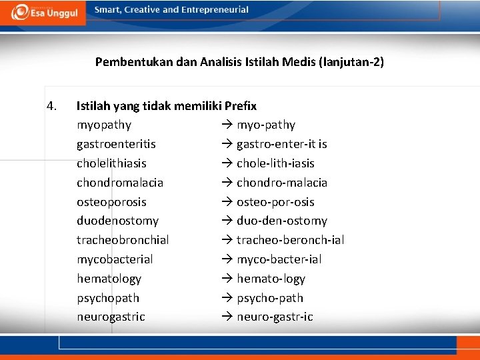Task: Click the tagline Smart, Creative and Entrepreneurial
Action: (x=171, y=10)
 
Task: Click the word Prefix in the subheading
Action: (x=241, y=105)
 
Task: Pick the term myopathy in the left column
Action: (x=104, y=125)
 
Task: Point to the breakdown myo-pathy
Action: (x=266, y=125)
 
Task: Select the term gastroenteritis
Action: (x=116, y=144)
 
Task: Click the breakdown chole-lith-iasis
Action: (x=275, y=163)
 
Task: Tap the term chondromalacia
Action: (x=120, y=183)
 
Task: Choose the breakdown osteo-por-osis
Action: (x=275, y=202)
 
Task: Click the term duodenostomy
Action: (x=117, y=221)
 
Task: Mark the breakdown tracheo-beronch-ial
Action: (x=290, y=240)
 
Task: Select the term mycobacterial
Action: (x=115, y=259)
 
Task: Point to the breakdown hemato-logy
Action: (x=271, y=279)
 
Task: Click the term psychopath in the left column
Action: (x=108, y=298)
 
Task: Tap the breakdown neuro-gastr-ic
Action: (x=275, y=317)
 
